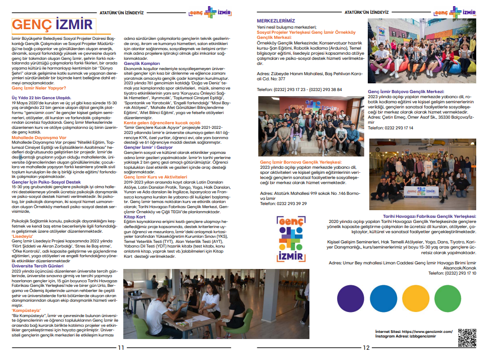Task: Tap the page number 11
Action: coord(121,348)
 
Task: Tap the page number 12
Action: coord(366,348)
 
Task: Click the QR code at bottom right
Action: coord(466,337)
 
